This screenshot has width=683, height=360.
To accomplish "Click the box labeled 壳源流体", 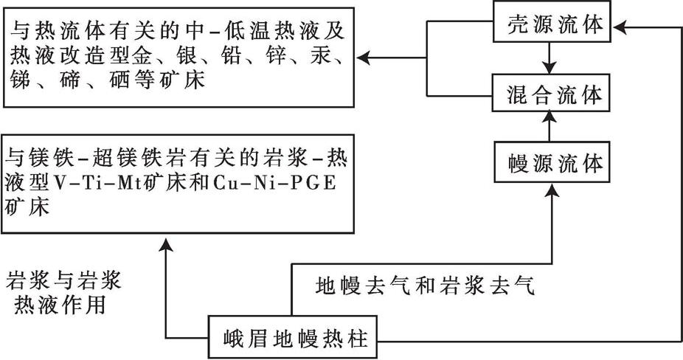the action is [552, 21].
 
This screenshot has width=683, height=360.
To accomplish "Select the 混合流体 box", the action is [551, 92].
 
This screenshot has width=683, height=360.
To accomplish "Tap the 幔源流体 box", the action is [552, 162].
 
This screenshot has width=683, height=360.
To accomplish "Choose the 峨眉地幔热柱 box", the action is [292, 337].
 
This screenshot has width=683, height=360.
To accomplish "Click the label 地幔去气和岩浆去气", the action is [425, 286].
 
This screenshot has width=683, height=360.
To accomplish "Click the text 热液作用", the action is [60, 305].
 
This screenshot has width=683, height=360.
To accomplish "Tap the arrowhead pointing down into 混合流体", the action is [549, 67].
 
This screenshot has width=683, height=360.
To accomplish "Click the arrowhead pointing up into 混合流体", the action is [549, 117].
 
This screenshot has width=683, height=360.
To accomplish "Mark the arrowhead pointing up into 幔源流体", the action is [552, 190].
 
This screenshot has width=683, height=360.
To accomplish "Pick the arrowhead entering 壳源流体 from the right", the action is [619, 27].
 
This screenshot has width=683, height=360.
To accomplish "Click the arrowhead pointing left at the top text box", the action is [363, 58].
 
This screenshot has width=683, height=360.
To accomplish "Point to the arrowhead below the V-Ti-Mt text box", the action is [166, 246].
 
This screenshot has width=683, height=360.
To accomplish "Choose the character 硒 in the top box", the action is [119, 80].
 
